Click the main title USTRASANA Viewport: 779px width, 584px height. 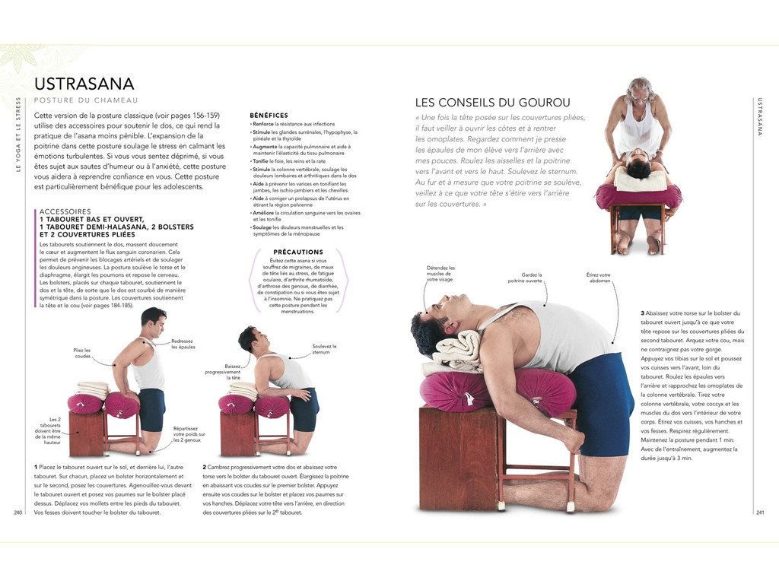[x=84, y=84]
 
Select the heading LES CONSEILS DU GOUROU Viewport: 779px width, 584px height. [x=492, y=102]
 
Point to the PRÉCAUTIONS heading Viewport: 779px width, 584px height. [x=297, y=252]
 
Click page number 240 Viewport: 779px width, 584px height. [x=18, y=512]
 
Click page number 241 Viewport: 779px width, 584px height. [x=759, y=512]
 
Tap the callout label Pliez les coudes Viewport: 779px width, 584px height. [x=82, y=353]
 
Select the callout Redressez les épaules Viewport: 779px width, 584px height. [x=183, y=344]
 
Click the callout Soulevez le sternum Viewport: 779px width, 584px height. [x=324, y=349]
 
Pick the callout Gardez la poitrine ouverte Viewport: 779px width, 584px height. [x=531, y=278]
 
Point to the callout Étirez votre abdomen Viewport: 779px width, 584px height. [x=599, y=278]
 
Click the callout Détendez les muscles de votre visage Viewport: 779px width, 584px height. [x=440, y=274]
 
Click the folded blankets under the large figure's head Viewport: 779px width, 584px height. [x=456, y=351]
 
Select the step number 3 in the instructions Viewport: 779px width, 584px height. [x=642, y=313]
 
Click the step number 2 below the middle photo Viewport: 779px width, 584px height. [x=205, y=467]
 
